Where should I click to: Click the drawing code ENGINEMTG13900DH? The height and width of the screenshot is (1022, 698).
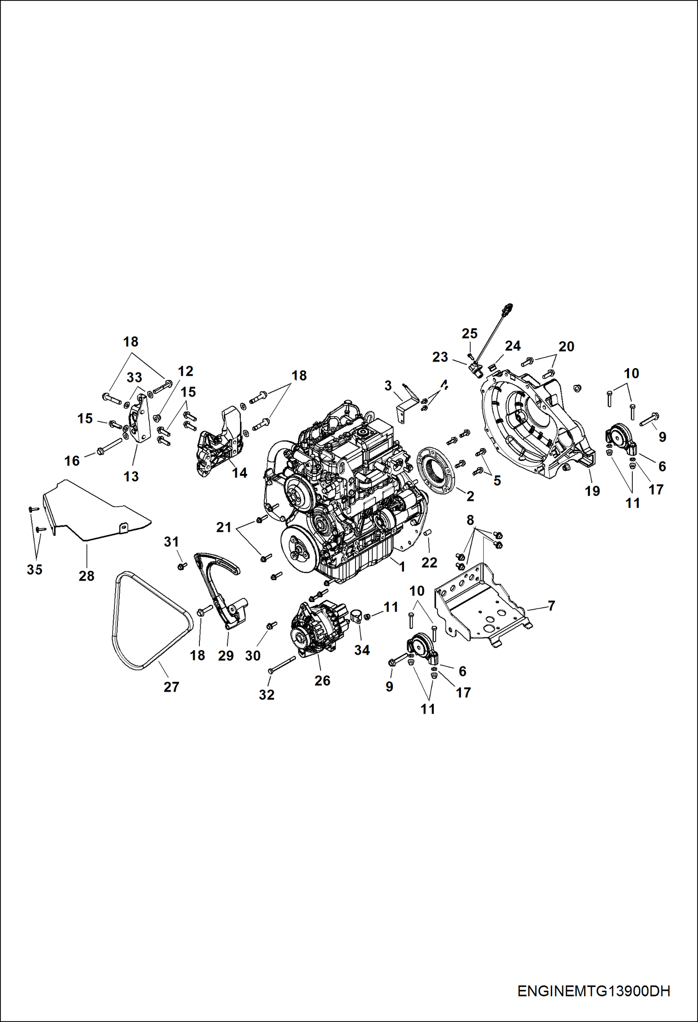coord(593,991)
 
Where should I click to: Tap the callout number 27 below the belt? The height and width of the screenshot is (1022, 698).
coord(171,687)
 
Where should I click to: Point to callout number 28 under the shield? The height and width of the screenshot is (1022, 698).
coord(87,576)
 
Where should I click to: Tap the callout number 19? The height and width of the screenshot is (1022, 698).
coord(592,491)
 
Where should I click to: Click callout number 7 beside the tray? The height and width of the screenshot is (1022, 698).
coord(552,605)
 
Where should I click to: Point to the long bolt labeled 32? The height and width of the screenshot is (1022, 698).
coord(281,664)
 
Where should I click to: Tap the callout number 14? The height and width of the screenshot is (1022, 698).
coord(240,473)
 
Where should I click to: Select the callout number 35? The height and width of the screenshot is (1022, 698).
coord(34,569)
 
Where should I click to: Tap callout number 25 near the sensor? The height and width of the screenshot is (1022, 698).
coord(469,334)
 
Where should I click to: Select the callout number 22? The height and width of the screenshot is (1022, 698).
coord(429,562)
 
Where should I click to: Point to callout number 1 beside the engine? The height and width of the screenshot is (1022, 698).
coord(402,566)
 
